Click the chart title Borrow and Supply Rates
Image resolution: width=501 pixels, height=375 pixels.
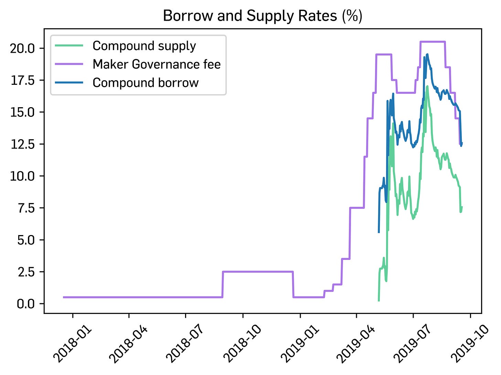[263, 16]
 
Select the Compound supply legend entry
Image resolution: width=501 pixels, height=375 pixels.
[144, 46]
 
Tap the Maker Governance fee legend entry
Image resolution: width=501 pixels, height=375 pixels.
[157, 64]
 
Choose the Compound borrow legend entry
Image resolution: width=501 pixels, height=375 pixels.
[146, 83]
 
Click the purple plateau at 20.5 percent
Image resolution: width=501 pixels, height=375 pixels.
[433, 42]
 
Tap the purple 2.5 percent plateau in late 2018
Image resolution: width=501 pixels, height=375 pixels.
[257, 272]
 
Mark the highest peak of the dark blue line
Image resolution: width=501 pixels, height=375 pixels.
[427, 54]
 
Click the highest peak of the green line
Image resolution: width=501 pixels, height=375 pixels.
[427, 86]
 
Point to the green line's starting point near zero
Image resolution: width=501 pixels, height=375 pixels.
[379, 301]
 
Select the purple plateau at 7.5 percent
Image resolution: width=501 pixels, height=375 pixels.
[357, 208]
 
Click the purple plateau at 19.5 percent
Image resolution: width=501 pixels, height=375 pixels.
[384, 54]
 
